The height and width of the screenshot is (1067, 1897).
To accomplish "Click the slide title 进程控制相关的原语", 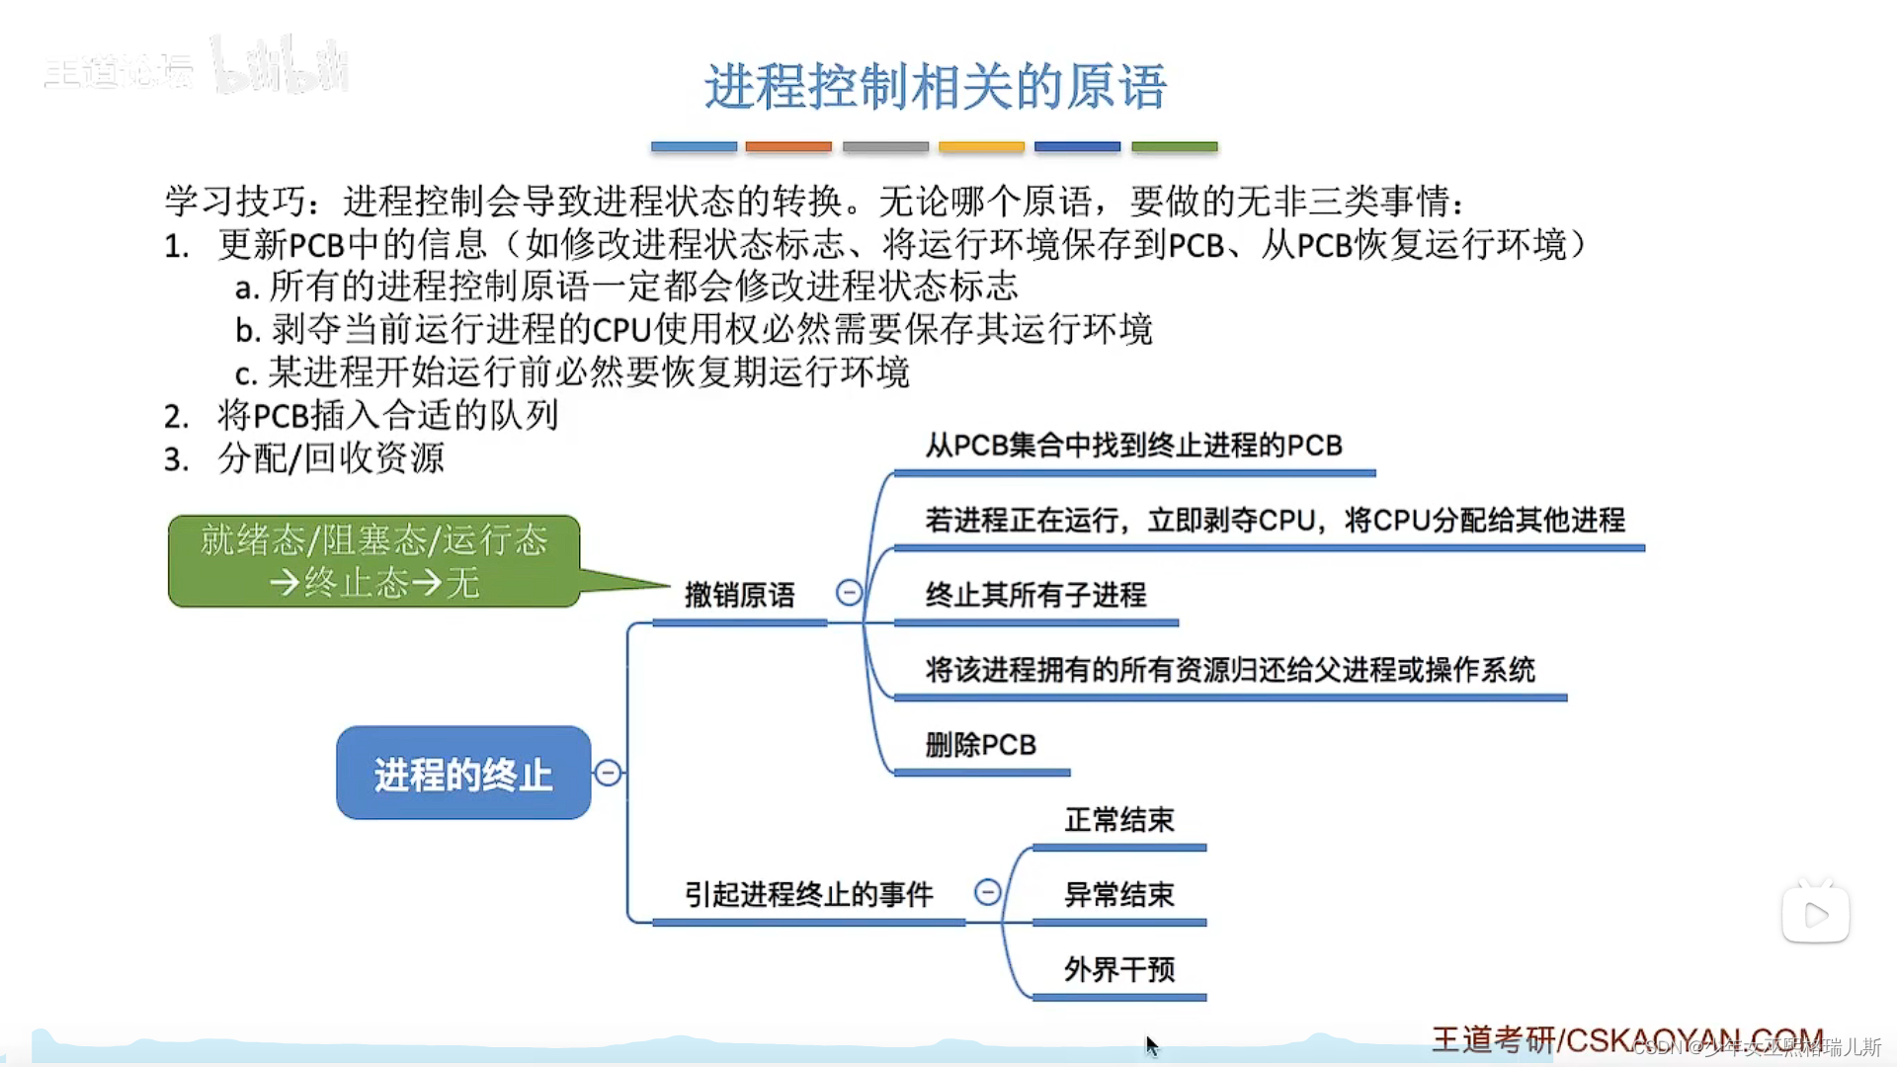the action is pyautogui.click(x=935, y=86).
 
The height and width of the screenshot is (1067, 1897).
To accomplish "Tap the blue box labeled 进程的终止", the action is pyautogui.click(x=463, y=774).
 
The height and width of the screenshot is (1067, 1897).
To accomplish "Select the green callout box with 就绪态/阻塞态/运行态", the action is pyautogui.click(x=373, y=560).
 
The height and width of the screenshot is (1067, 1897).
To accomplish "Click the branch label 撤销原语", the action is pyautogui.click(x=739, y=595).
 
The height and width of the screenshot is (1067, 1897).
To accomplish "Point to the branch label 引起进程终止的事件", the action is pyautogui.click(x=808, y=894).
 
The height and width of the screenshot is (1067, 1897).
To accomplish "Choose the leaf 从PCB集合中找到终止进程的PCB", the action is pyautogui.click(x=1133, y=446).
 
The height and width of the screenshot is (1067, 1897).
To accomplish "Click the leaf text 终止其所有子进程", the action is pyautogui.click(x=1035, y=595).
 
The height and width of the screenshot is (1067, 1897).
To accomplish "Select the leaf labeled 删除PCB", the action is pyautogui.click(x=980, y=745).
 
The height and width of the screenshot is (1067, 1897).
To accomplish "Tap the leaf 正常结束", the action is pyautogui.click(x=1118, y=820).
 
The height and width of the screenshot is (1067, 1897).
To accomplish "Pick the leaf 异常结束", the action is pyautogui.click(x=1118, y=895).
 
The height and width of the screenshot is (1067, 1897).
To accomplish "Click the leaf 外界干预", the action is pyautogui.click(x=1118, y=970).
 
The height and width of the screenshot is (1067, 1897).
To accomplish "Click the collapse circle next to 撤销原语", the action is pyautogui.click(x=849, y=593).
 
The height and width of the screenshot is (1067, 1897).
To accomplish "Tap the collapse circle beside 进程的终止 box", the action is pyautogui.click(x=609, y=773).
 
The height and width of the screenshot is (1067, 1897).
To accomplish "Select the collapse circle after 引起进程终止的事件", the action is pyautogui.click(x=987, y=893).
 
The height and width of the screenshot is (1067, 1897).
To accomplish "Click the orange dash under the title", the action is pyautogui.click(x=788, y=146).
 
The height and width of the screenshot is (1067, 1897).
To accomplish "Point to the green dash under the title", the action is pyautogui.click(x=1174, y=146).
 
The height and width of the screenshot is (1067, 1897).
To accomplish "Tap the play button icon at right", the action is pyautogui.click(x=1816, y=915).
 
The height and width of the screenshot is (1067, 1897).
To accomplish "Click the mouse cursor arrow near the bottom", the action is pyautogui.click(x=1151, y=1045).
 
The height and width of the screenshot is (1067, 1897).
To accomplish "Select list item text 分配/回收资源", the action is pyautogui.click(x=331, y=458).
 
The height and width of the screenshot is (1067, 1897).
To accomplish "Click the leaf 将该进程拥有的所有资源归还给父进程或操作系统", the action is pyautogui.click(x=1229, y=670).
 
